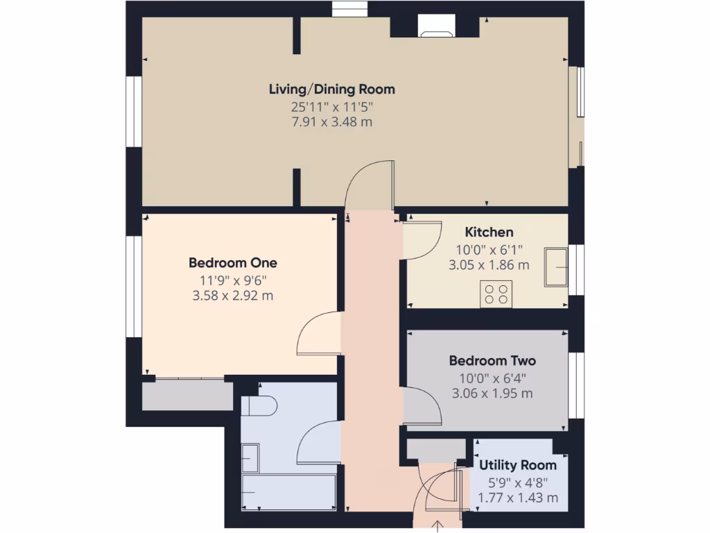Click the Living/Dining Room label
tap(331, 89)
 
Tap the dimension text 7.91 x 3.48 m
tap(331, 122)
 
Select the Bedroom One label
tap(233, 263)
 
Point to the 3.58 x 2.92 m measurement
tap(233, 296)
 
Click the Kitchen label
tap(489, 232)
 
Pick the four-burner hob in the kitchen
tap(496, 292)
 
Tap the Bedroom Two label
tap(492, 361)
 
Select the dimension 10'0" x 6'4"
tap(492, 378)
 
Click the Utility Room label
tap(518, 465)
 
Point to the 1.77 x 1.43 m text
tap(518, 498)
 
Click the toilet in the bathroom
tap(259, 406)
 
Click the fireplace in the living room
tap(436, 27)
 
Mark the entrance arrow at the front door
tap(438, 525)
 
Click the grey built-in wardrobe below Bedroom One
tap(187, 395)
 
